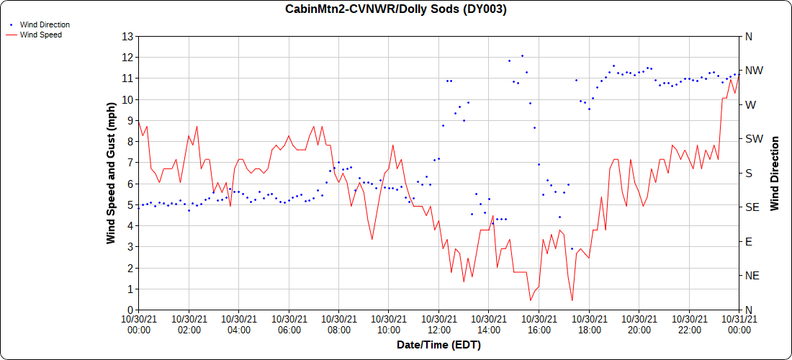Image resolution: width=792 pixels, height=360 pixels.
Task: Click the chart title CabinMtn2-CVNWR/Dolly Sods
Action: pos(396,9)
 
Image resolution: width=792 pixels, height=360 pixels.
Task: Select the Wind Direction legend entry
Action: pos(45,24)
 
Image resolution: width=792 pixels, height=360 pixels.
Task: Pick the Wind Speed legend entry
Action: pos(40,34)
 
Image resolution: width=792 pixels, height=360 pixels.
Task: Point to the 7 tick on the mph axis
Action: pos(130,163)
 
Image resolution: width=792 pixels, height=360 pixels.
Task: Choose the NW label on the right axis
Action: pos(753,71)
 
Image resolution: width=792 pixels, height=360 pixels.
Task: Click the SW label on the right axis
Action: pos(753,139)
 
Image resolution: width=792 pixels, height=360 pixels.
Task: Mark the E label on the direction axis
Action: pos(748,242)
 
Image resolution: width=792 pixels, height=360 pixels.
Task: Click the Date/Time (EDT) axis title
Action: pos(438,345)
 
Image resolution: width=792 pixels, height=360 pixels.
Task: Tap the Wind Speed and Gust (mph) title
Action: pos(111,173)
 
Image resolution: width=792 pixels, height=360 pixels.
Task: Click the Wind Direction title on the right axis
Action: pos(775,173)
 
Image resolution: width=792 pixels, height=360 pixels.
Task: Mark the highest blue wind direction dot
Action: pos(522,55)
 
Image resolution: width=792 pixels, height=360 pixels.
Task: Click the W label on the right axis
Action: pos(750,104)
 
